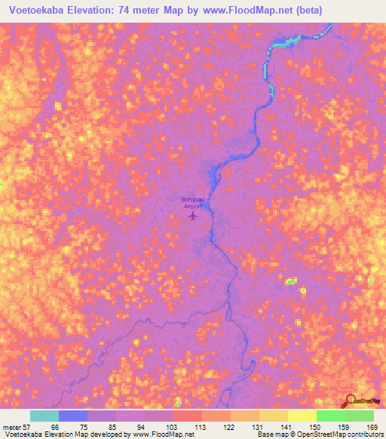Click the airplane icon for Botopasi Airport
click(x=193, y=216)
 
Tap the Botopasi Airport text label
click(x=193, y=202)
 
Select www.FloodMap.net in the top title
click(x=244, y=10)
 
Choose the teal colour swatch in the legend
click(x=44, y=416)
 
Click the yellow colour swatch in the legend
click(x=302, y=416)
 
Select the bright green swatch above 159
click(x=331, y=416)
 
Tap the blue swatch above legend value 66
click(x=73, y=416)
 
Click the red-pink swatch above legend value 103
click(x=188, y=416)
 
